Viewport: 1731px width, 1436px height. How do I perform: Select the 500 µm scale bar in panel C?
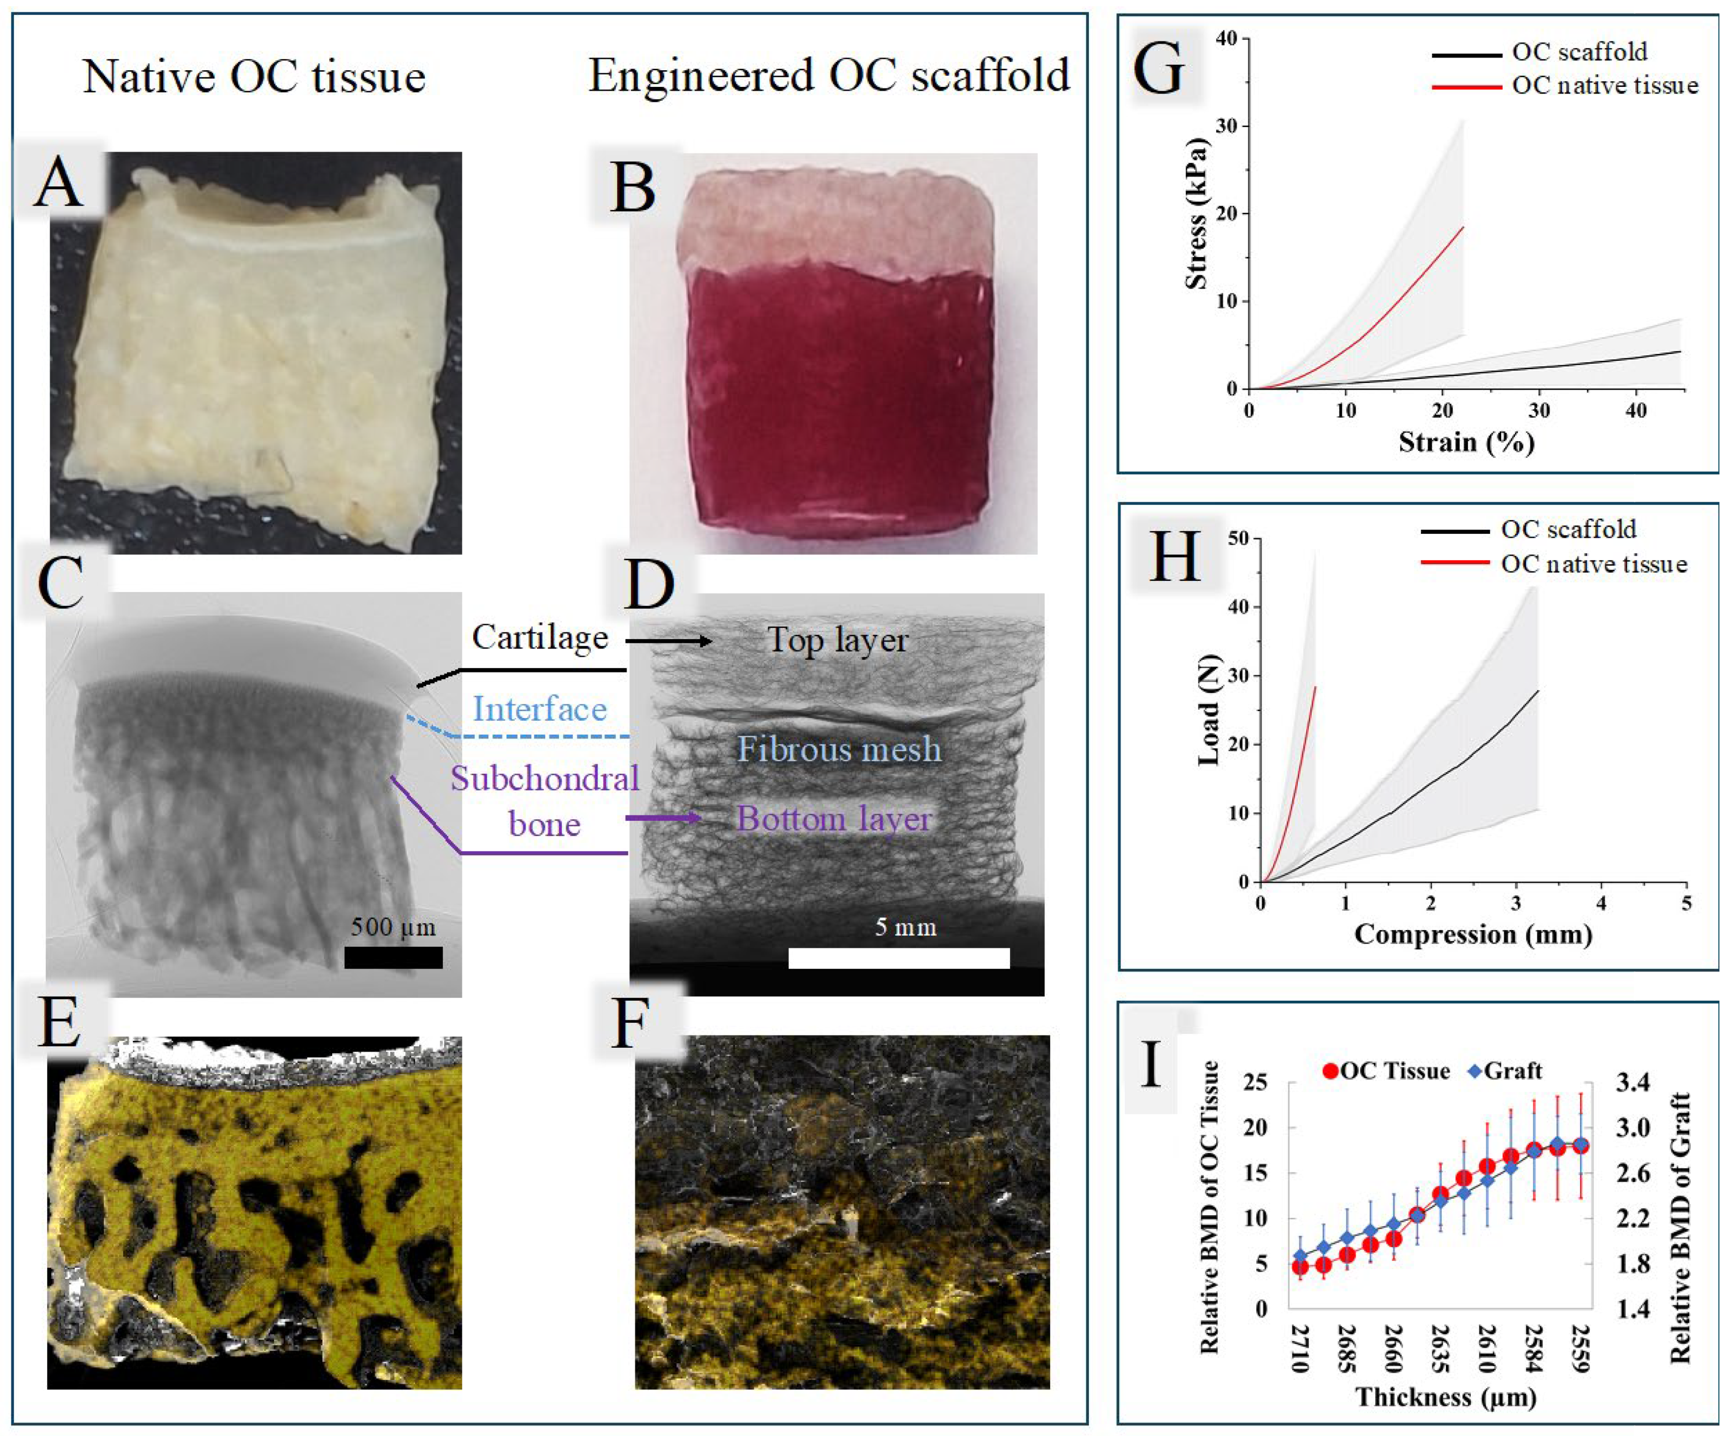point(393,957)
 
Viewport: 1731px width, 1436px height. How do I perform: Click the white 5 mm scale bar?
point(899,958)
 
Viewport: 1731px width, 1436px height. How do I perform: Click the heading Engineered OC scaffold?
point(828,76)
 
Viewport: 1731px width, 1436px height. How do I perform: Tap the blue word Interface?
point(540,709)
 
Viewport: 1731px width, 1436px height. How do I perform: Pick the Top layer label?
point(837,640)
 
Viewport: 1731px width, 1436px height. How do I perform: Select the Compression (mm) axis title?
point(1473,934)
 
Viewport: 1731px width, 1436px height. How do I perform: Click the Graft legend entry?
point(1505,1071)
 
